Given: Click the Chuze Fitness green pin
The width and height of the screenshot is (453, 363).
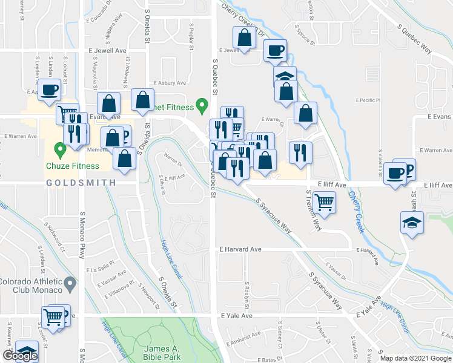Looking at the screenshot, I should tap(59, 148).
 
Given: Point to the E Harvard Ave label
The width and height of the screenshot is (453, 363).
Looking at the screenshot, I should tap(240, 249).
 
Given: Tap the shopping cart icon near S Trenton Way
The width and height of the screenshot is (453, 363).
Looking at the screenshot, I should tap(325, 203).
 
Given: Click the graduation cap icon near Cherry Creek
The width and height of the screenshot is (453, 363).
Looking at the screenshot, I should tap(412, 221).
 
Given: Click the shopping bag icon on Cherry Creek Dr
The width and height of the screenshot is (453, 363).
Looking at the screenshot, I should tap(243, 38).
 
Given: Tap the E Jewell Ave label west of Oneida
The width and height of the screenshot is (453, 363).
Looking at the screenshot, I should tap(110, 51).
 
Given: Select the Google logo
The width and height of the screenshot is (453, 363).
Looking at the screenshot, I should tap(20, 356).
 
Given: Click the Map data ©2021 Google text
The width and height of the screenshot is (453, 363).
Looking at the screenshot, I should tap(416, 358).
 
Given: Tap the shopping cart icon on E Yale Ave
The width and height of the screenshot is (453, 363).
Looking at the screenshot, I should tap(53, 316).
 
